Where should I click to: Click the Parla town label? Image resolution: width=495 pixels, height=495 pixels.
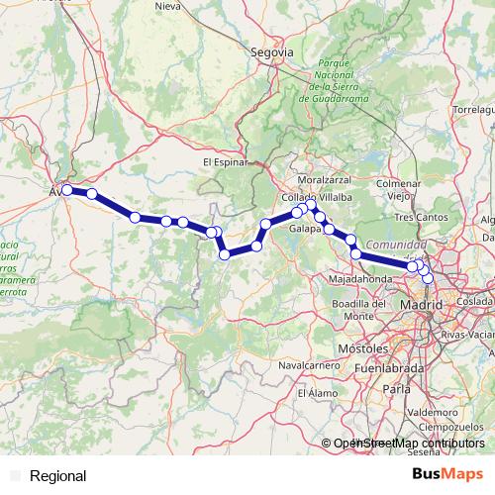coord(397,390)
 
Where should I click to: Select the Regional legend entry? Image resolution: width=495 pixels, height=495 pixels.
coord(57,475)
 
